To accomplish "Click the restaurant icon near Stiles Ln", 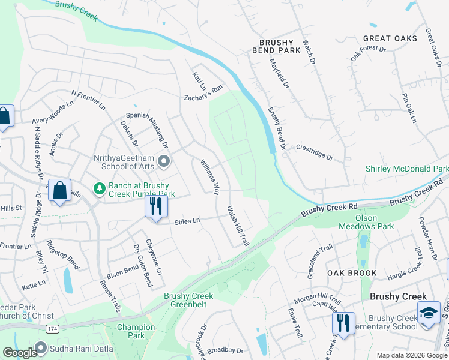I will click(155, 207).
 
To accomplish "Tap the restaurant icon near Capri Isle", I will click(343, 323).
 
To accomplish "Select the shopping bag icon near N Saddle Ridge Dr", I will click(60, 191).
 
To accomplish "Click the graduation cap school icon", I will click(429, 313).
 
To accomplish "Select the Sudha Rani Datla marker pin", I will click(41, 347).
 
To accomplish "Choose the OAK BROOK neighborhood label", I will click(352, 273).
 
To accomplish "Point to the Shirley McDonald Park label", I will click(407, 169).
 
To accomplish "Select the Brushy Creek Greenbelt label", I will click(189, 301).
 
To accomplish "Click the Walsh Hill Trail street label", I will click(238, 226).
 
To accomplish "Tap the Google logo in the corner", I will click(20, 353).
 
